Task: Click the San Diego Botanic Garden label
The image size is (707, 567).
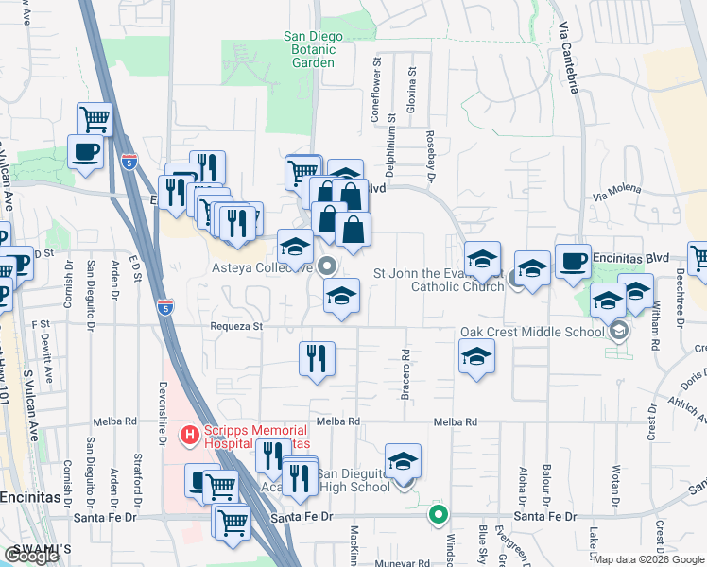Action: coord(313,50)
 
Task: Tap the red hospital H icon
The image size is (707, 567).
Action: coord(189,436)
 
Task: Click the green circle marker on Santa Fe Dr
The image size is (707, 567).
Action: coord(437,515)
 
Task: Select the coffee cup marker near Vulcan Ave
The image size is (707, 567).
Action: coord(85,151)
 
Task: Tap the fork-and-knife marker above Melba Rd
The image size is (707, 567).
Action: coord(317,358)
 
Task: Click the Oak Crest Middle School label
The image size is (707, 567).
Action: coord(531,332)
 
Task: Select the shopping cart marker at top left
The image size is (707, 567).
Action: coord(95,119)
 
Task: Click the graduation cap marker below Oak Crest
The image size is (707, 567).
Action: coord(476,356)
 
